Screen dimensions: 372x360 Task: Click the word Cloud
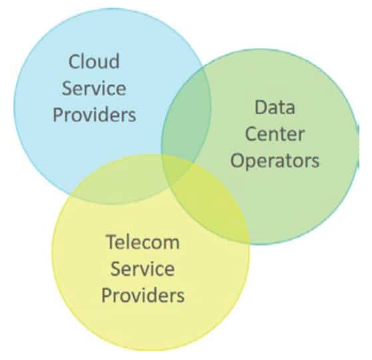(x=94, y=61)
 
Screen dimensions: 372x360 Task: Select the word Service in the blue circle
(x=94, y=89)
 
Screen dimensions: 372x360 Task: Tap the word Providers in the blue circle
(x=94, y=114)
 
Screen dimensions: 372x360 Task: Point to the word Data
(x=275, y=107)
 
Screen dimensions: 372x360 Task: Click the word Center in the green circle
(x=274, y=134)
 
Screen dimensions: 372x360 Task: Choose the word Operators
(x=275, y=161)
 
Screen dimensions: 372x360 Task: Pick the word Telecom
(x=142, y=242)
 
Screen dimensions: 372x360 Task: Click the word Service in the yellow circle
(x=142, y=269)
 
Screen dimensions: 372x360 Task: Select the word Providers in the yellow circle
(x=143, y=295)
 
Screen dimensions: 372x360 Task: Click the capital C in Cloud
(x=74, y=62)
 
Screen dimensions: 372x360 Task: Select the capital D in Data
(x=260, y=107)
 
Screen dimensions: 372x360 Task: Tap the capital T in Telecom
(x=112, y=242)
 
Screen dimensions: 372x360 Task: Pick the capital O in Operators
(x=237, y=160)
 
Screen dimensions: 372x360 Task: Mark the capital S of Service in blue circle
(x=67, y=89)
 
